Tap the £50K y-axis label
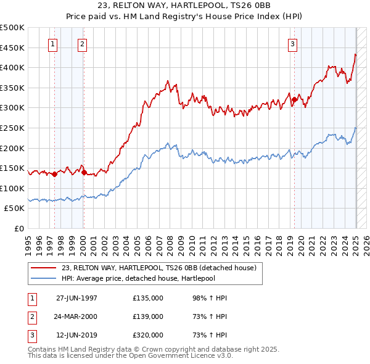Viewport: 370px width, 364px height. tap(15, 209)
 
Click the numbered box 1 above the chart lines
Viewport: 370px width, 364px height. tap(53, 44)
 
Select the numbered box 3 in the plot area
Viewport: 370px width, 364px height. tap(292, 44)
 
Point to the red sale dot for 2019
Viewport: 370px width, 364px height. tap(295, 99)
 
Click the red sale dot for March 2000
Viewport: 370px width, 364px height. tap(84, 173)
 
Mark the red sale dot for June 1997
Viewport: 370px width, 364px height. tap(54, 174)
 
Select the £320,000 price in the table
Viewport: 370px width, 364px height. tap(148, 335)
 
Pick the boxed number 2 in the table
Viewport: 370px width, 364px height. tap(31, 316)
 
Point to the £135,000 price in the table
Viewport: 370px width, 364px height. tap(148, 298)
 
